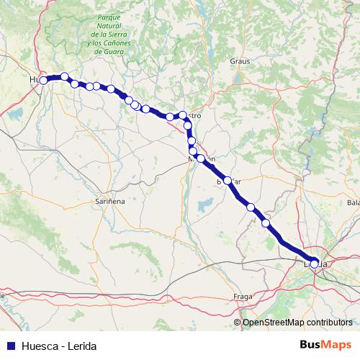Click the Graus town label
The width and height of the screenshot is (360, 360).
click(x=240, y=61)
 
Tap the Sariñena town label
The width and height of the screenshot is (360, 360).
click(x=110, y=202)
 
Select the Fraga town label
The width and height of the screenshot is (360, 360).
click(x=243, y=297)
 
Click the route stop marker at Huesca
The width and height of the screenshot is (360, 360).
click(x=43, y=80)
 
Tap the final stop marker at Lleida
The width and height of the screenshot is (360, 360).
click(x=314, y=264)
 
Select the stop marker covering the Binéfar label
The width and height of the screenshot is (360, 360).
click(x=228, y=180)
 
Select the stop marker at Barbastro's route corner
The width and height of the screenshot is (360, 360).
click(x=182, y=115)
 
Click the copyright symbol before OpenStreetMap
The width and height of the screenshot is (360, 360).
click(x=237, y=322)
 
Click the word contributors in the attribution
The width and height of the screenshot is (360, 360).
click(x=330, y=322)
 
